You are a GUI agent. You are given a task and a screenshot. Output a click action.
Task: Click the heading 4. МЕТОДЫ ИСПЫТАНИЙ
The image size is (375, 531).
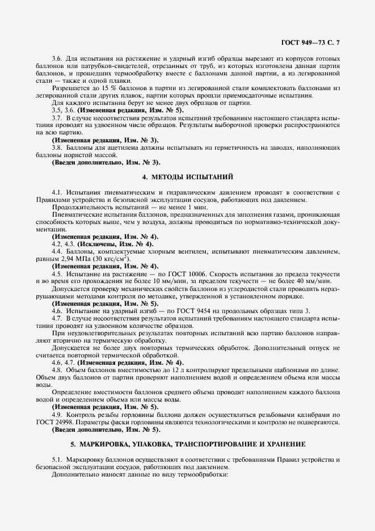point(187,177)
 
